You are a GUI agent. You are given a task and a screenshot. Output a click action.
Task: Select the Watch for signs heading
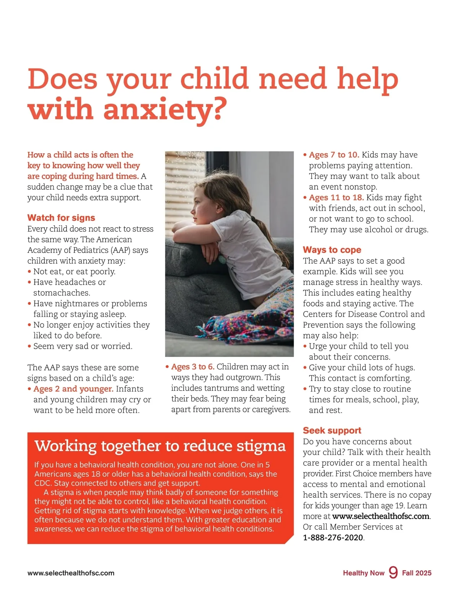[61, 218]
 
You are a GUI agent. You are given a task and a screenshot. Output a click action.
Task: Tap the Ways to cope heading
[332, 250]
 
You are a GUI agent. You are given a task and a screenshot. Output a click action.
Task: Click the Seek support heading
[332, 430]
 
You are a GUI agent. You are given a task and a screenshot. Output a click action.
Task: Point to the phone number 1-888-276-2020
[333, 538]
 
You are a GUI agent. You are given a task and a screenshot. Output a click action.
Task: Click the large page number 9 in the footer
[393, 572]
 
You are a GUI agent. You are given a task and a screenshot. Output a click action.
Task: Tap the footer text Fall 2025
[417, 573]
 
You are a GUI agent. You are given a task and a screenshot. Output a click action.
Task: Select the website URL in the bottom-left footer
[71, 573]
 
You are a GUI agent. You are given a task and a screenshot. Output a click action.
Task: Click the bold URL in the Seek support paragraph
[381, 516]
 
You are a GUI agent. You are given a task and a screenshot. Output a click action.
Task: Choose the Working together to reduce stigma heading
[160, 446]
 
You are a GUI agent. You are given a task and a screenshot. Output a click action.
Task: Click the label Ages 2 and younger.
[73, 389]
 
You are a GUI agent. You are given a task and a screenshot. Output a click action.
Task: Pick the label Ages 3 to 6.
[192, 367]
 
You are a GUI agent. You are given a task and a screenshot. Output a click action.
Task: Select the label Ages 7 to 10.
[334, 155]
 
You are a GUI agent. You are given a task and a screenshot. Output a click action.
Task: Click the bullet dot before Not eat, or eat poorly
[29, 272]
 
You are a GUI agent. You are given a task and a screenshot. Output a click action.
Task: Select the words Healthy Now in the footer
[363, 573]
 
